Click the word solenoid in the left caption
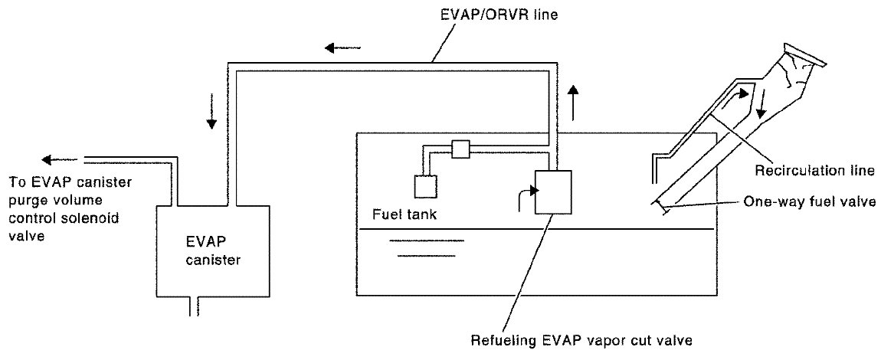tap(93, 218)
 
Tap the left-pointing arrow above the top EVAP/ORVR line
tap(342, 48)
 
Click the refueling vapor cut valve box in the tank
tap(553, 191)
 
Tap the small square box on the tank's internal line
tap(460, 149)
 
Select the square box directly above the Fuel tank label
tap(425, 186)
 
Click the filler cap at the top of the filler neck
tap(804, 56)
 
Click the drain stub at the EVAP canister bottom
tap(194, 306)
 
